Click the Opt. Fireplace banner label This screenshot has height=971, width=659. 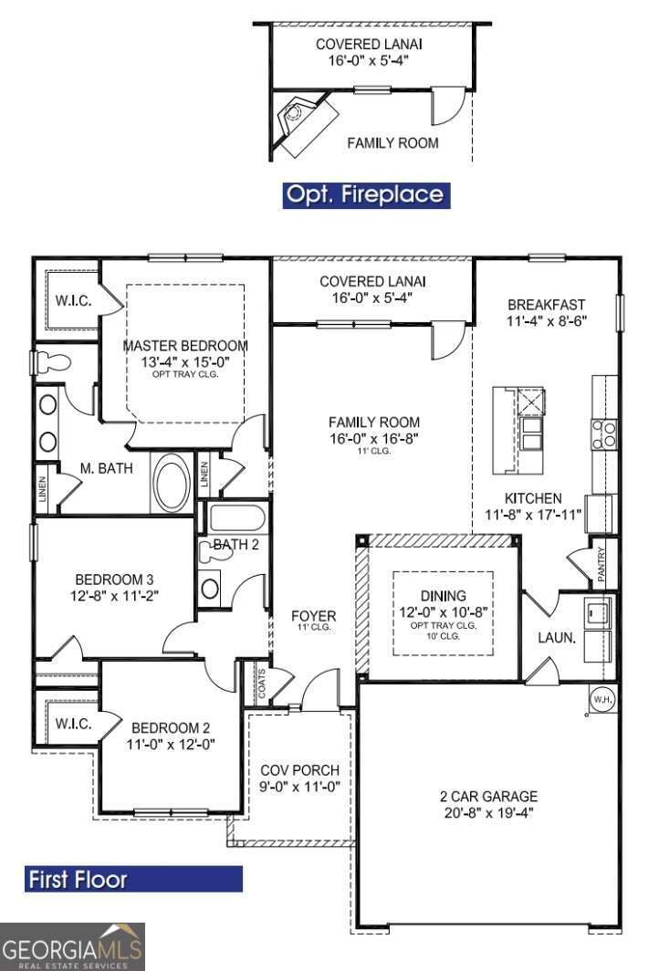(365, 194)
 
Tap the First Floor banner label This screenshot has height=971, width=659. (133, 879)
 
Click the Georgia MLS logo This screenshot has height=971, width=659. (72, 946)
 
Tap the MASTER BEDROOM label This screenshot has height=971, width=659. (185, 346)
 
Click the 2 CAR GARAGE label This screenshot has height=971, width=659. (488, 796)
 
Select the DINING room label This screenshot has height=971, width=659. (444, 595)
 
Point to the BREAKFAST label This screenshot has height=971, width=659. (547, 304)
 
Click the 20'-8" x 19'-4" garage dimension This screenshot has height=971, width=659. (488, 812)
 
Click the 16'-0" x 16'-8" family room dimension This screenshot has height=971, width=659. (374, 437)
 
